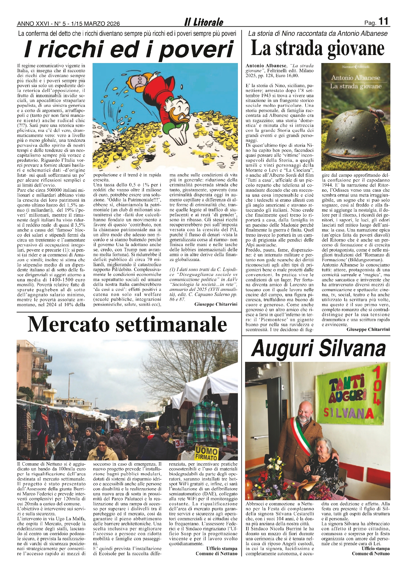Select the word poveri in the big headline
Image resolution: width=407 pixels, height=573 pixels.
coord(196,49)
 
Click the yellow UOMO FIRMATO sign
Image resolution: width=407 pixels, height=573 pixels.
coord(207,453)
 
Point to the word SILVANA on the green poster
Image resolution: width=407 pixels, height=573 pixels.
coord(349,413)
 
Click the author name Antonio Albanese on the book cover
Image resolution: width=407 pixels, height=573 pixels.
coord(355,78)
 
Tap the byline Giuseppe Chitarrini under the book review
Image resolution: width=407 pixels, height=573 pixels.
coord(368,329)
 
